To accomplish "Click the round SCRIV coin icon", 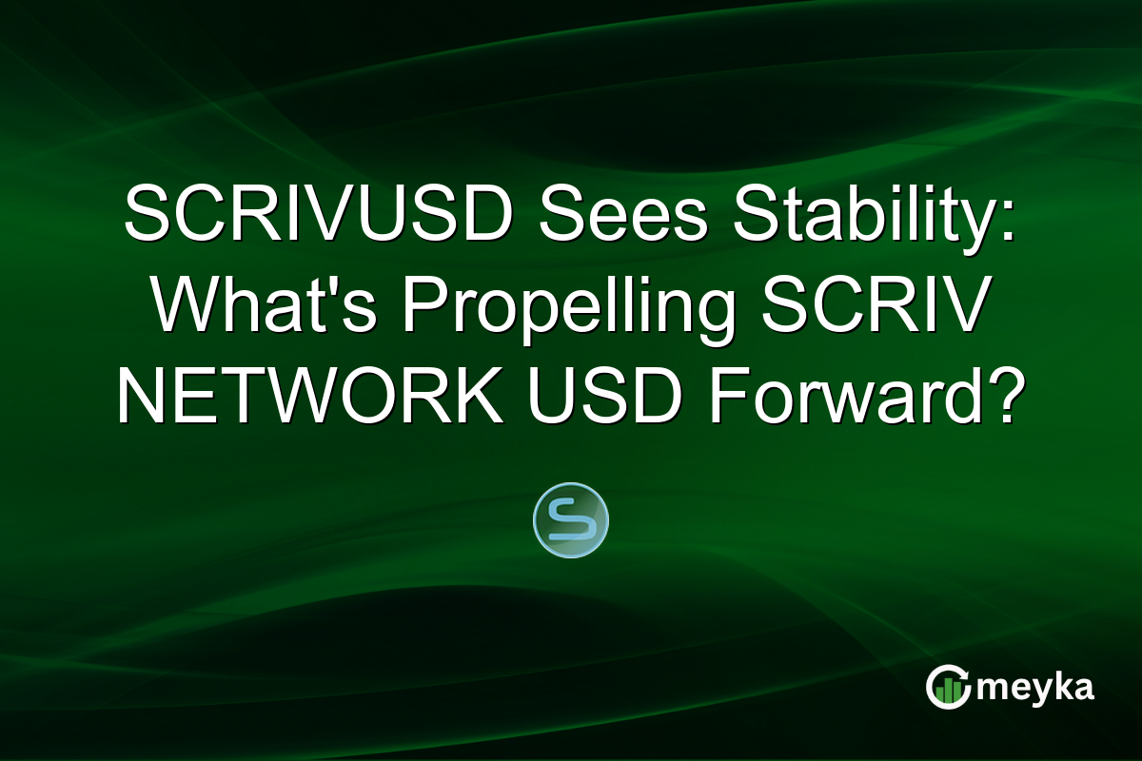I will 571,520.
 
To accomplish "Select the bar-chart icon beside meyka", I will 948,688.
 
